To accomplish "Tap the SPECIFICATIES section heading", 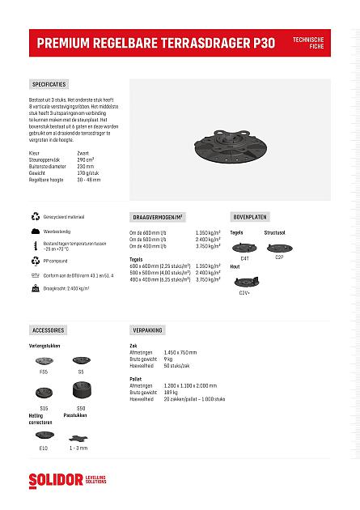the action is point(49,84).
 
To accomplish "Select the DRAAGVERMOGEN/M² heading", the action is point(158,217).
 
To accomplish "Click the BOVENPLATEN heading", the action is point(250,217).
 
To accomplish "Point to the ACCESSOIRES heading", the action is point(48,330).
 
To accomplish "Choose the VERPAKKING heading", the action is point(147,330).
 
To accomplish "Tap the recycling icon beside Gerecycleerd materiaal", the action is point(35,217).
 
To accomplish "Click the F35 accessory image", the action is point(44,360).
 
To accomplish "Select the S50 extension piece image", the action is point(81,397).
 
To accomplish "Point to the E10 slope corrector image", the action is point(44,436).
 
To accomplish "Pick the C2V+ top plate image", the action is point(244,281).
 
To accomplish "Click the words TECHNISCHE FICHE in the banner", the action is point(308,42).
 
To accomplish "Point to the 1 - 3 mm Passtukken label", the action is point(78,447).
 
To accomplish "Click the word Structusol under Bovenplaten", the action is point(275,232).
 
